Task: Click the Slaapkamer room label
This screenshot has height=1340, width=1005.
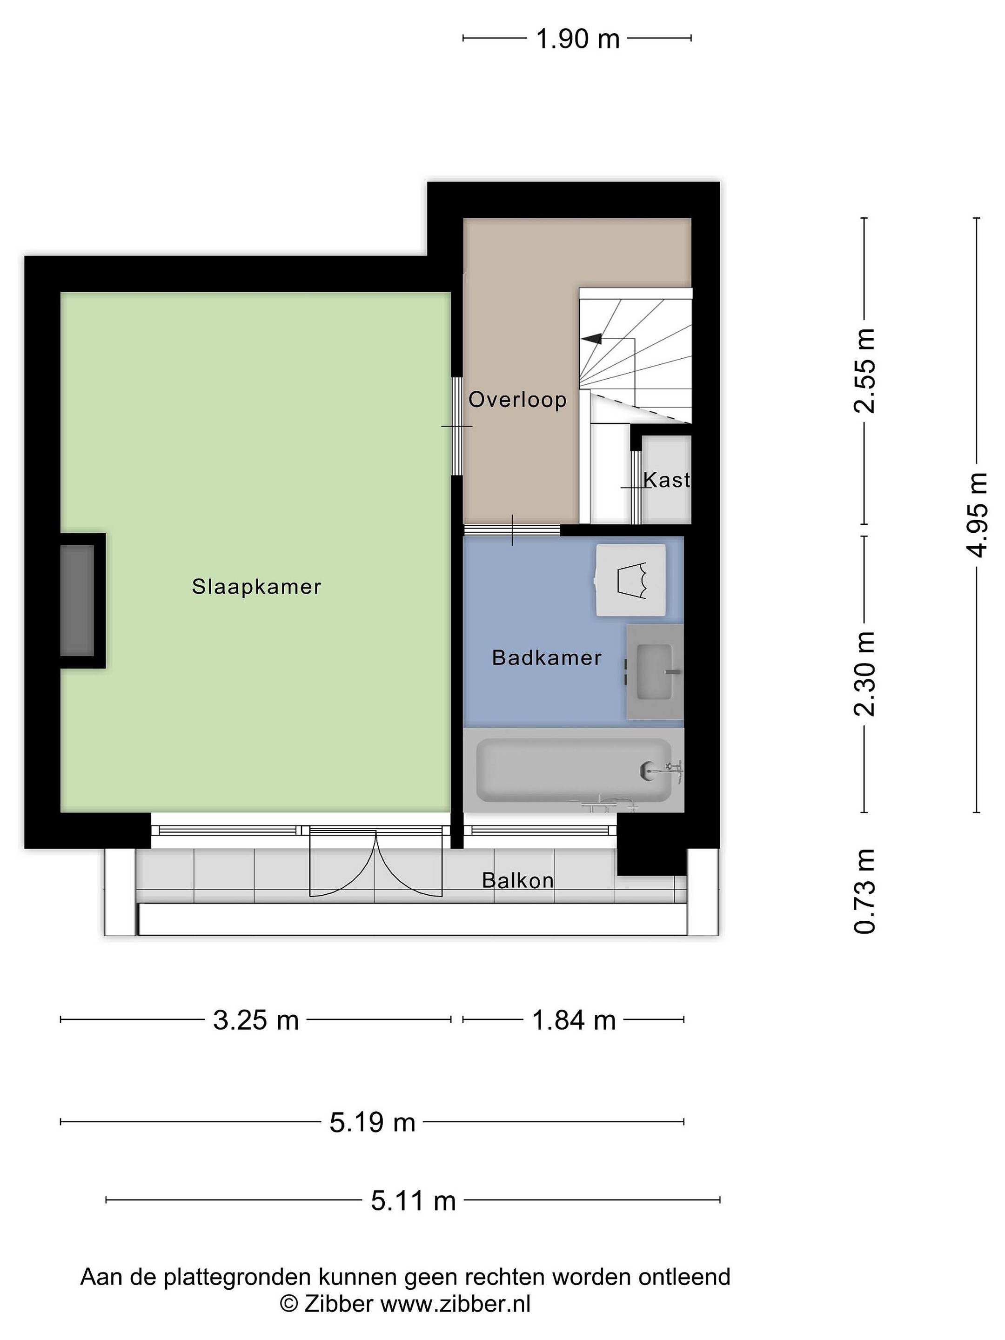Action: [256, 586]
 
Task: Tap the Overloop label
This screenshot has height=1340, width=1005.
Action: [517, 399]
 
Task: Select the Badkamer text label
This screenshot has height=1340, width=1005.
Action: [546, 658]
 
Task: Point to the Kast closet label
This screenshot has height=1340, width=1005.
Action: [666, 480]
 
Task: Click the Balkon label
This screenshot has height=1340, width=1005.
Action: [518, 880]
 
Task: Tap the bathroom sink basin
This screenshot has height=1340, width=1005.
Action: [655, 672]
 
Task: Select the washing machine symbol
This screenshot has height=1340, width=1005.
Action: [630, 580]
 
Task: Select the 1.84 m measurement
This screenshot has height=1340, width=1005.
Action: [574, 1020]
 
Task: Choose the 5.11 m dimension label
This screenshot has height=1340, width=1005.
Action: [413, 1201]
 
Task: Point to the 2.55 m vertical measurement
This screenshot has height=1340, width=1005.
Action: [864, 371]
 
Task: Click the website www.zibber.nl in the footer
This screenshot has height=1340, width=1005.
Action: [455, 1304]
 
